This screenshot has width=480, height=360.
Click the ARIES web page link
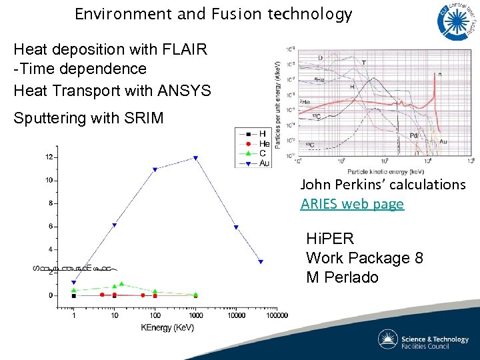coord(352,204)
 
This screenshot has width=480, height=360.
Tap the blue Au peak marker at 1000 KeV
coord(195,158)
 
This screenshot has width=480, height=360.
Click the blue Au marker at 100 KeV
coord(155,169)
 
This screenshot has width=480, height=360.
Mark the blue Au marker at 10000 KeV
coord(236,228)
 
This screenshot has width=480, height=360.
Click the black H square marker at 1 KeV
coord(73,295)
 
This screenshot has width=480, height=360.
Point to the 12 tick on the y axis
coord(49,157)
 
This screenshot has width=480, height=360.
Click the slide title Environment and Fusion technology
coord(213,15)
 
